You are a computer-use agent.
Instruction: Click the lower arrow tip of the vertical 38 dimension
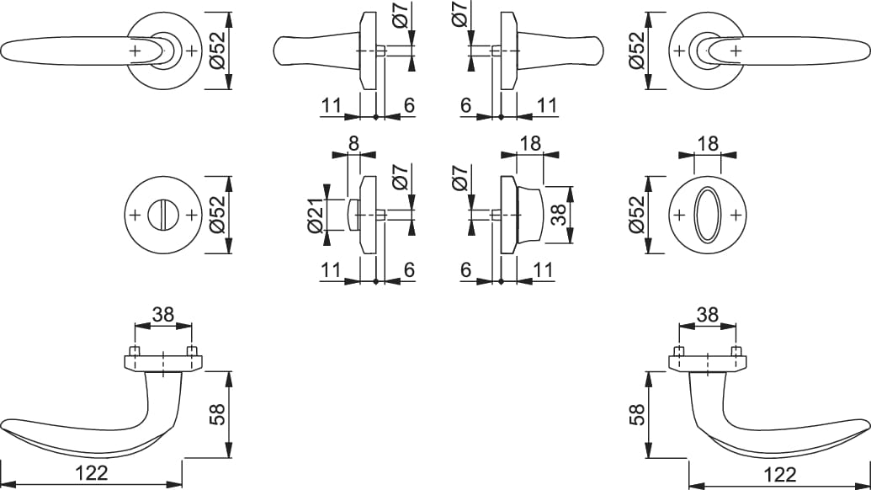tap(570, 243)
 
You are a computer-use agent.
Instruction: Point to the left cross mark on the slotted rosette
tap(135, 215)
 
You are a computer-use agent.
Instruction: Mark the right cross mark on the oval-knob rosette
tap(736, 215)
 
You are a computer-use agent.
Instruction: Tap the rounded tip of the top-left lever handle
tap(3, 51)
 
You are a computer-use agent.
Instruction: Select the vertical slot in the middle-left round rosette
tap(162, 215)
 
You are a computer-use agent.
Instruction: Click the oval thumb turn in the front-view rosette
tap(708, 215)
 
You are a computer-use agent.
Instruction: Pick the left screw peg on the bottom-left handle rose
tap(134, 351)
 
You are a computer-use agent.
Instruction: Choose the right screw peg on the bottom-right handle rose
tap(736, 351)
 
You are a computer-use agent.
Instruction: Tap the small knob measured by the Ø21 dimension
tap(353, 215)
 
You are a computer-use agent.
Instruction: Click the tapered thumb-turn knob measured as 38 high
tap(529, 215)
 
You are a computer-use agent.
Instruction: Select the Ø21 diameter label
tap(315, 215)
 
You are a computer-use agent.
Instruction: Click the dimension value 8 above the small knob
tap(353, 144)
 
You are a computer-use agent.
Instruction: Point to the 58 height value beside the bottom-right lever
tap(639, 414)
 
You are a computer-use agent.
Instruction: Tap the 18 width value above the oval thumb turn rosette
tap(707, 144)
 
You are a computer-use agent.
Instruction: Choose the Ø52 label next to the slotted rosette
tap(217, 215)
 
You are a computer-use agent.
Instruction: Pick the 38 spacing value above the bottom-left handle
tap(162, 315)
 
